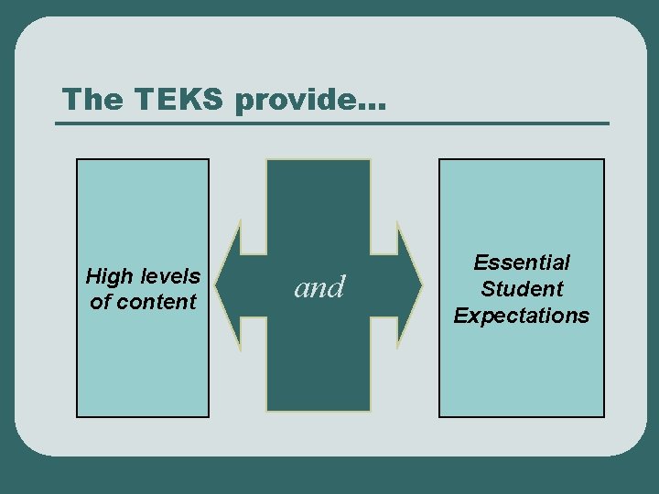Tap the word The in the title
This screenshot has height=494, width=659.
click(89, 99)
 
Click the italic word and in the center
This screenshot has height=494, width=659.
click(319, 288)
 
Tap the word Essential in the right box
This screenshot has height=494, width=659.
click(522, 263)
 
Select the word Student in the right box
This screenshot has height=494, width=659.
click(522, 289)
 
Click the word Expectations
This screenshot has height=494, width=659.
click(522, 316)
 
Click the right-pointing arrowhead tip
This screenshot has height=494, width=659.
click(423, 285)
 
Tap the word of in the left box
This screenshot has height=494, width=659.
click(100, 301)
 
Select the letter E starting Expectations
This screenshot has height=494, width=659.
click(460, 316)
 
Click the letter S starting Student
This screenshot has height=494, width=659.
click(488, 289)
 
